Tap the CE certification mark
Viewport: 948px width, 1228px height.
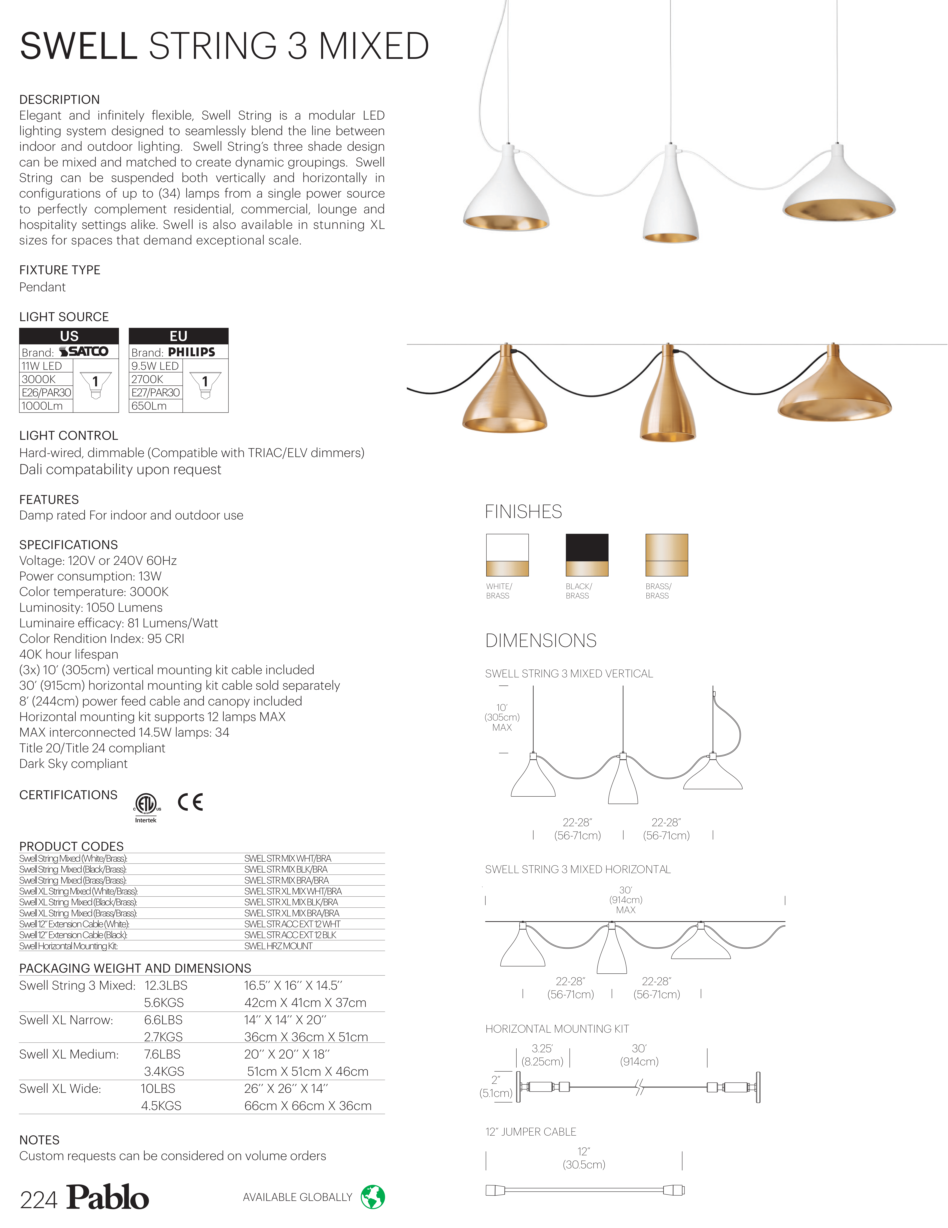190,802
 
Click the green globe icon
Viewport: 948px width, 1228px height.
372,1197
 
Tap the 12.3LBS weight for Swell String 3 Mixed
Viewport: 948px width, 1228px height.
166,986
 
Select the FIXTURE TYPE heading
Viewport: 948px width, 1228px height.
60,270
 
